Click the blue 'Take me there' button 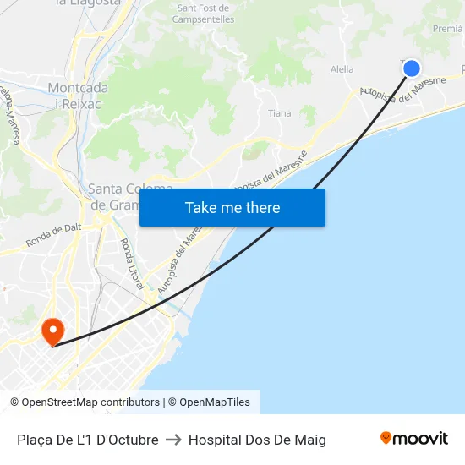pos(232,208)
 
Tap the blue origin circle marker pos(412,68)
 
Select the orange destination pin pos(52,331)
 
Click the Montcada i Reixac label pos(78,96)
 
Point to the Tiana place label pos(279,113)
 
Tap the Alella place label pos(342,69)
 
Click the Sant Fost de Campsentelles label pos(205,13)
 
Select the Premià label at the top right pos(446,29)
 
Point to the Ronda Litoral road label pos(132,264)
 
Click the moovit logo pos(414,439)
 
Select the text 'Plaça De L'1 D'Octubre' pos(88,440)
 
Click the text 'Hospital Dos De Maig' pos(257,440)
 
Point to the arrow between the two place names pos(173,440)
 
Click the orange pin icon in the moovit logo pos(386,438)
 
